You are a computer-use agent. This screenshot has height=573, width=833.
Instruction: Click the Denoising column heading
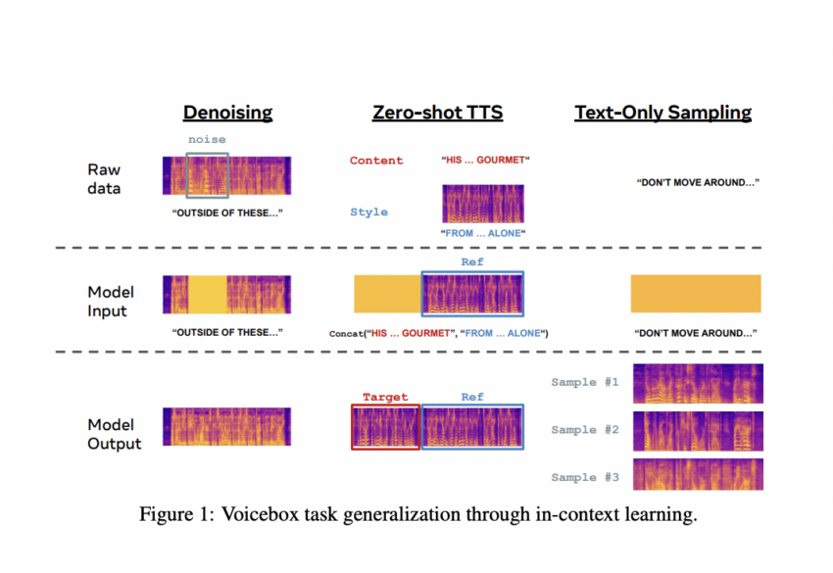coord(228,113)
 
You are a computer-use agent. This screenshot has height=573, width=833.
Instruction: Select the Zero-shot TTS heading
coord(437,112)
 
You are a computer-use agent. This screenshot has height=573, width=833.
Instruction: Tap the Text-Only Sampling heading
coord(663,113)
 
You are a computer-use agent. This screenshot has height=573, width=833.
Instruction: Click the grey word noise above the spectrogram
coord(207,140)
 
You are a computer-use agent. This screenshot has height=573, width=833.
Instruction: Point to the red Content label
coord(376,161)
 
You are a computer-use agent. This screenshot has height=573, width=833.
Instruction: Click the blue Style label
coord(368,212)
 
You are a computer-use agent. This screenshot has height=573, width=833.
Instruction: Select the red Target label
coord(385,397)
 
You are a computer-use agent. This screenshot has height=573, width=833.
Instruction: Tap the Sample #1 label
coord(585,382)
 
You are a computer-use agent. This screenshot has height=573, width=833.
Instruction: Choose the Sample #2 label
coord(585,430)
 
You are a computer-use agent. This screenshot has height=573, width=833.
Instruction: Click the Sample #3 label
coord(585,477)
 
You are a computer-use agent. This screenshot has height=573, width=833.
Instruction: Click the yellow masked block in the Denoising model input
coord(207,294)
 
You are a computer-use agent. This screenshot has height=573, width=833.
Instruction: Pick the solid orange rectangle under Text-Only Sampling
coord(696,294)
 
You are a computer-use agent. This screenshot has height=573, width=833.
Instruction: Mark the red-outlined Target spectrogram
coord(386,427)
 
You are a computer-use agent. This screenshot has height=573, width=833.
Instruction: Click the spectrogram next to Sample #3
coord(698,474)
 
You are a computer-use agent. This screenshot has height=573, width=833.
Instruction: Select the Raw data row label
coord(104,179)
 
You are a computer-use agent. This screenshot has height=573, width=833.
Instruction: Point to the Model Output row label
coord(115,434)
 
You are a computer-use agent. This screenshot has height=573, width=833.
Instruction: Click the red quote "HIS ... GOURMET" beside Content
coord(485,160)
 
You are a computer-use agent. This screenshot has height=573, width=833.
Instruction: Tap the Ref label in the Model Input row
coord(472,262)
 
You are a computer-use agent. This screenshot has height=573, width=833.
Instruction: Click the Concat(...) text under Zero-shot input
coord(438,333)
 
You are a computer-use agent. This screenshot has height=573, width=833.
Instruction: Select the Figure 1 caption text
coord(418,514)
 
